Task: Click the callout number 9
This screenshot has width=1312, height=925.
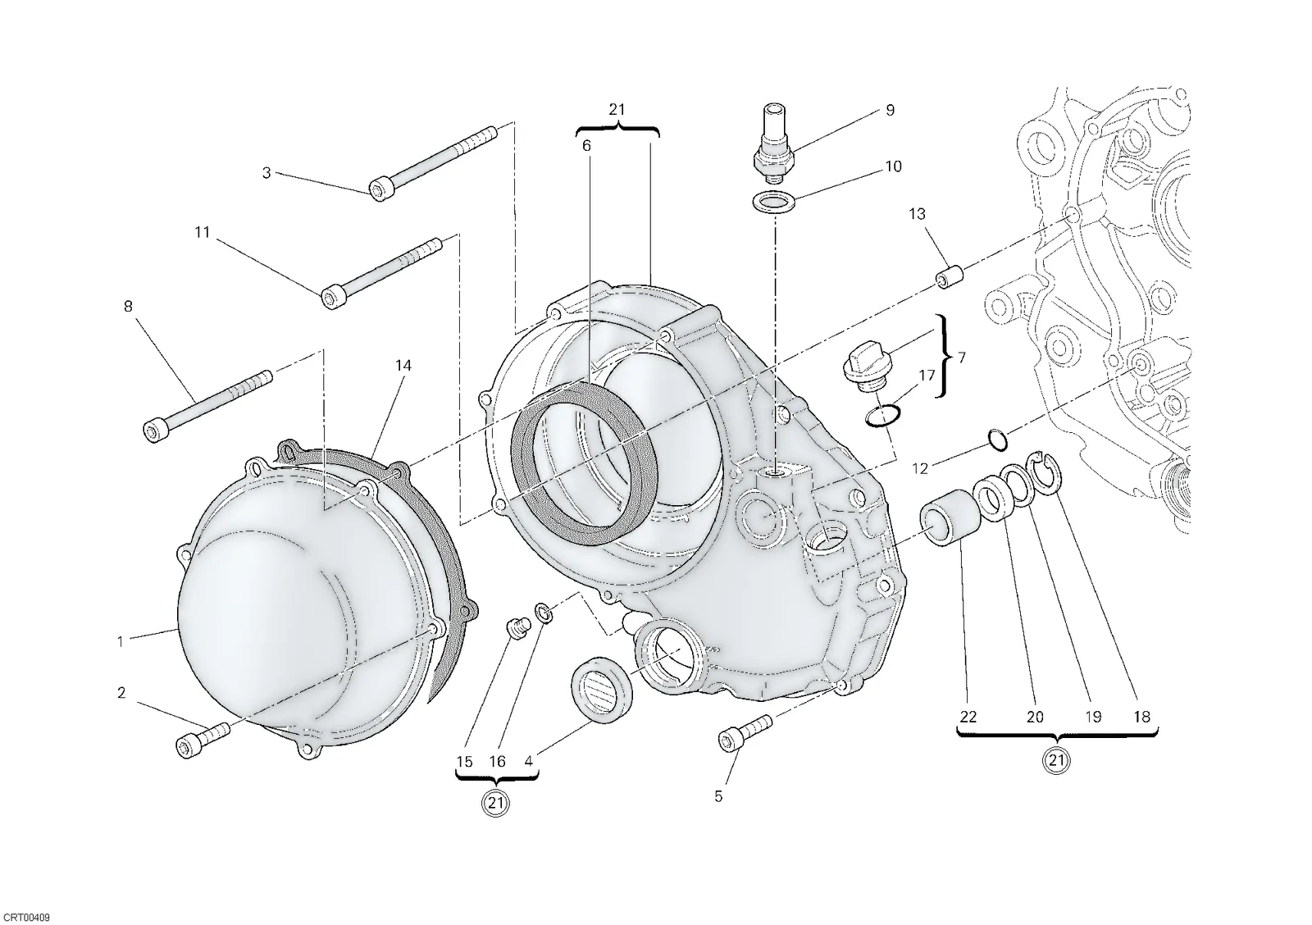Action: pos(890,110)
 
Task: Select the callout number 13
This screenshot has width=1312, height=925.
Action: pos(917,214)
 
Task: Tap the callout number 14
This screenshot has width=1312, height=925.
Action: pos(403,366)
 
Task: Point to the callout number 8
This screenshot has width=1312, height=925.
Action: pos(128,306)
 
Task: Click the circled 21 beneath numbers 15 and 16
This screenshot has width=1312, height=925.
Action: pos(495,803)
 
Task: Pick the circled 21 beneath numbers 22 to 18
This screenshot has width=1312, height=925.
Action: pos(1056,761)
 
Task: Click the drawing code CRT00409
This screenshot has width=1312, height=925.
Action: pos(25,917)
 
